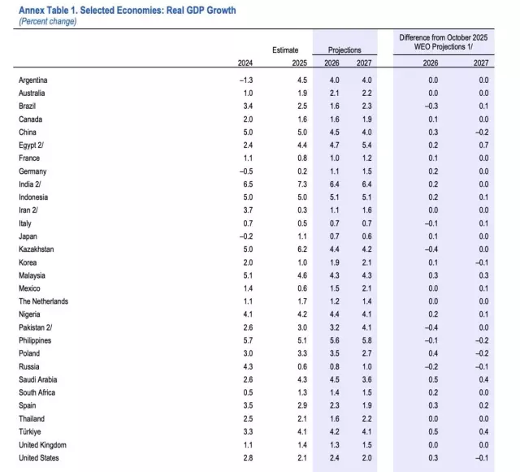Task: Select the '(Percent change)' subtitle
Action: point(48,21)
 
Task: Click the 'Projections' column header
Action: point(344,50)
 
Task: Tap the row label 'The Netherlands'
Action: point(43,301)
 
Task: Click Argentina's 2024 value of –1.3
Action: point(245,80)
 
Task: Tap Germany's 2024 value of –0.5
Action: point(245,171)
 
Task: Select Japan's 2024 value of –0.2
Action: point(245,236)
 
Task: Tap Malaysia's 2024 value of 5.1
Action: point(246,275)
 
